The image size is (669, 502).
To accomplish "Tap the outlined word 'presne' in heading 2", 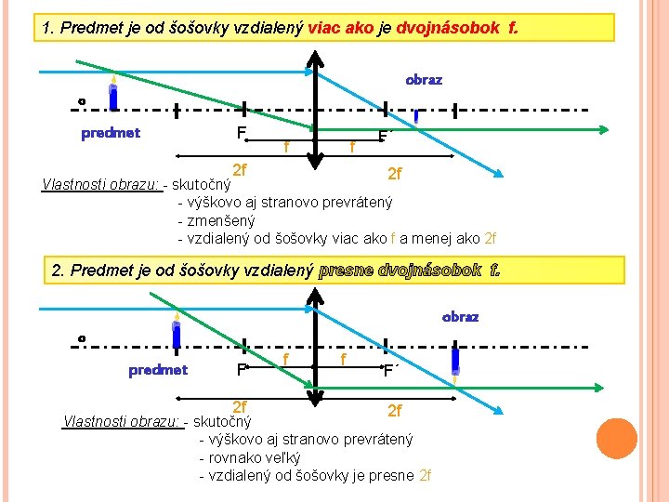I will (x=346, y=271).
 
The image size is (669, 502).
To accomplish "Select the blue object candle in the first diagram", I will (x=111, y=95).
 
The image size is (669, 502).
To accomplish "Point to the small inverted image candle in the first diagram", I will (x=417, y=117).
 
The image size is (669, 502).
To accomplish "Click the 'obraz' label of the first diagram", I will (x=424, y=80).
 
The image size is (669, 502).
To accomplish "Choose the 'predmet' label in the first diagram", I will (x=111, y=133).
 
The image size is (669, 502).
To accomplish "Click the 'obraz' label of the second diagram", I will (x=460, y=317).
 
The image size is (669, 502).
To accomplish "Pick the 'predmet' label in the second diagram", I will (x=158, y=370).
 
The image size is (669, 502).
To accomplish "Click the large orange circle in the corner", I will (x=616, y=439).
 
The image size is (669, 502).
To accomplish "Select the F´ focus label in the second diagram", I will (x=391, y=371).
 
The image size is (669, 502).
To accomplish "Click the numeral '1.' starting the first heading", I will (x=49, y=28).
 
